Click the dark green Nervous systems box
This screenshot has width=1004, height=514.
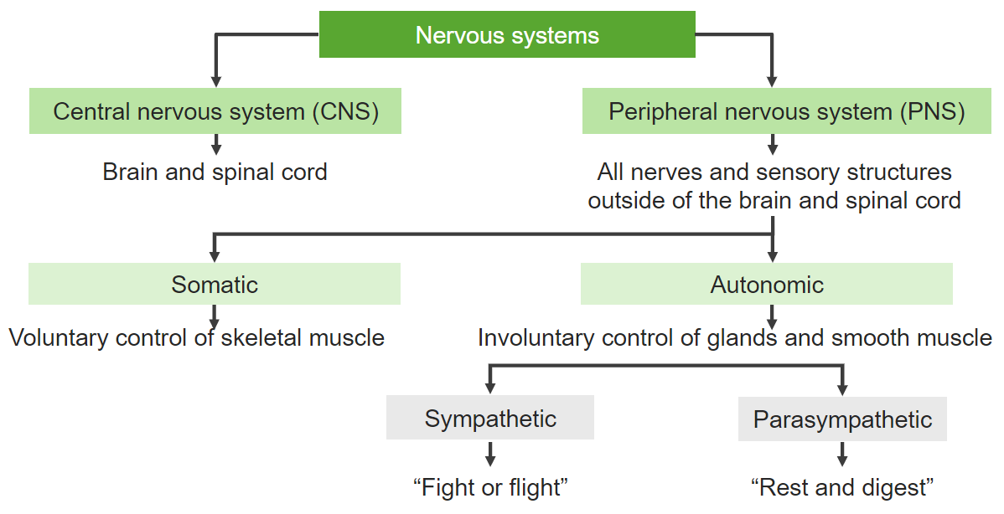[507, 35]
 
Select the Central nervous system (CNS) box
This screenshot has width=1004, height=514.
[215, 111]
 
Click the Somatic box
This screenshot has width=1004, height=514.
[215, 285]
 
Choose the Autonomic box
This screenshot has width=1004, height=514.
[767, 285]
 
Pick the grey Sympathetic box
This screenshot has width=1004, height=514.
[490, 419]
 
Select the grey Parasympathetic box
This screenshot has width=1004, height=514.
[842, 419]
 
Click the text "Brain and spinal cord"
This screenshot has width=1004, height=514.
[215, 172]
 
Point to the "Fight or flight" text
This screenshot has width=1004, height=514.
[490, 486]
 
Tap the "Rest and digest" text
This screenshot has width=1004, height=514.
[842, 486]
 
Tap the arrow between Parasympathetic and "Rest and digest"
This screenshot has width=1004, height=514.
[842, 457]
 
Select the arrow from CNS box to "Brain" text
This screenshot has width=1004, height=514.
[216, 145]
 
